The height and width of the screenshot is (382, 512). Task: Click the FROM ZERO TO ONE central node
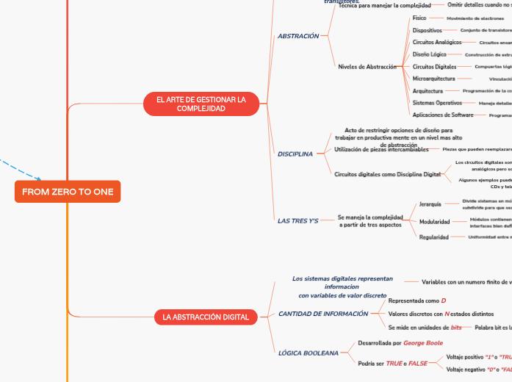68,192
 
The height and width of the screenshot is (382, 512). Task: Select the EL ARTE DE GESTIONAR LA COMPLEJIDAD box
201,104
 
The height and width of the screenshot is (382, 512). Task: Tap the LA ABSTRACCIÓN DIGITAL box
206,317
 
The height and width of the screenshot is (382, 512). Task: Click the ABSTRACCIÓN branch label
298,36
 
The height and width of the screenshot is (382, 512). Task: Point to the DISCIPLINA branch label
295,154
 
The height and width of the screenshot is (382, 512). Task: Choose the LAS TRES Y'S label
298,220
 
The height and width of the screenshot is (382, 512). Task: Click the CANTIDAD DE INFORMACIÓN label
323,314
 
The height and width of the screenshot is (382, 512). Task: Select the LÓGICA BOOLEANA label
309,353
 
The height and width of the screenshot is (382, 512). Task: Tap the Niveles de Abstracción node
367,67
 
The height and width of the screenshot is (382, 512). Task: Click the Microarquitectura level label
433,78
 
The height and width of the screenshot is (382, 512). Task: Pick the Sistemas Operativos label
436,103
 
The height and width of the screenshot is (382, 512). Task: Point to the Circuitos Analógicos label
436,43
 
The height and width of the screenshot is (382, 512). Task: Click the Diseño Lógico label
429,54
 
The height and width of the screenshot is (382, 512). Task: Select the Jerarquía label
430,204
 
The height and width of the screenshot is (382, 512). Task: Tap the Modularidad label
434,221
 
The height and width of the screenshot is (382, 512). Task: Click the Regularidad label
433,237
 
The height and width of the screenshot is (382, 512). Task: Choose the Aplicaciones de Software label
443,115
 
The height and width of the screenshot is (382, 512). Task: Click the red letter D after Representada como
443,301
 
